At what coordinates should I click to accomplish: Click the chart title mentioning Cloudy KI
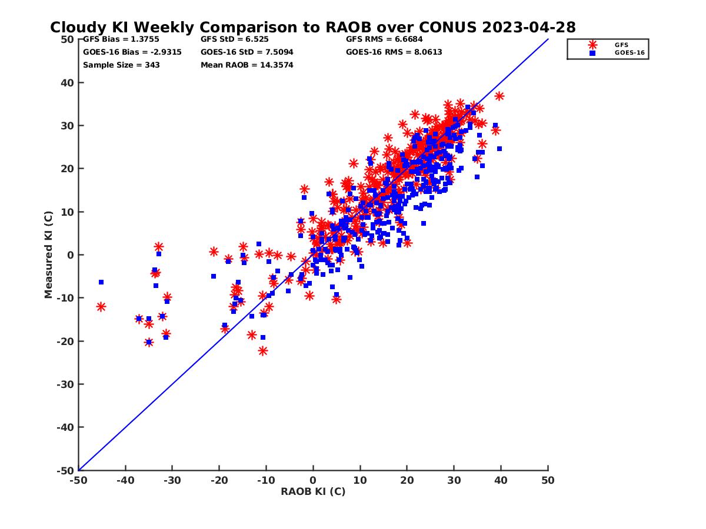[x=313, y=28]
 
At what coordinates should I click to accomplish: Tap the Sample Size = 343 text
[x=121, y=65]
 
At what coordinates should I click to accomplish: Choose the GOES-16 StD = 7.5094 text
[x=247, y=52]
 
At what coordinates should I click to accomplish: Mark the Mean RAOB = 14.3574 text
[x=247, y=65]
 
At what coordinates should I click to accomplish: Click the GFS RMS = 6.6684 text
[x=384, y=39]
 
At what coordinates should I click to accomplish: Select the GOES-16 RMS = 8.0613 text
[x=394, y=52]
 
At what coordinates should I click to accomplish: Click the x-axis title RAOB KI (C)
[x=313, y=491]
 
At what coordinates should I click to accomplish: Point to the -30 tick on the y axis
[x=66, y=384]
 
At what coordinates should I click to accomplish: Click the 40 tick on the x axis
[x=501, y=480]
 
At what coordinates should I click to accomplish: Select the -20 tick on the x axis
[x=219, y=480]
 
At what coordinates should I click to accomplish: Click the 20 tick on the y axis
[x=69, y=169]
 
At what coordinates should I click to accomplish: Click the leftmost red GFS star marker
[x=101, y=307]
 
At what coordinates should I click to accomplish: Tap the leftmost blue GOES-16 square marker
[x=101, y=282]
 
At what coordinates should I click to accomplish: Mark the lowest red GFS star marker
[x=263, y=351]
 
